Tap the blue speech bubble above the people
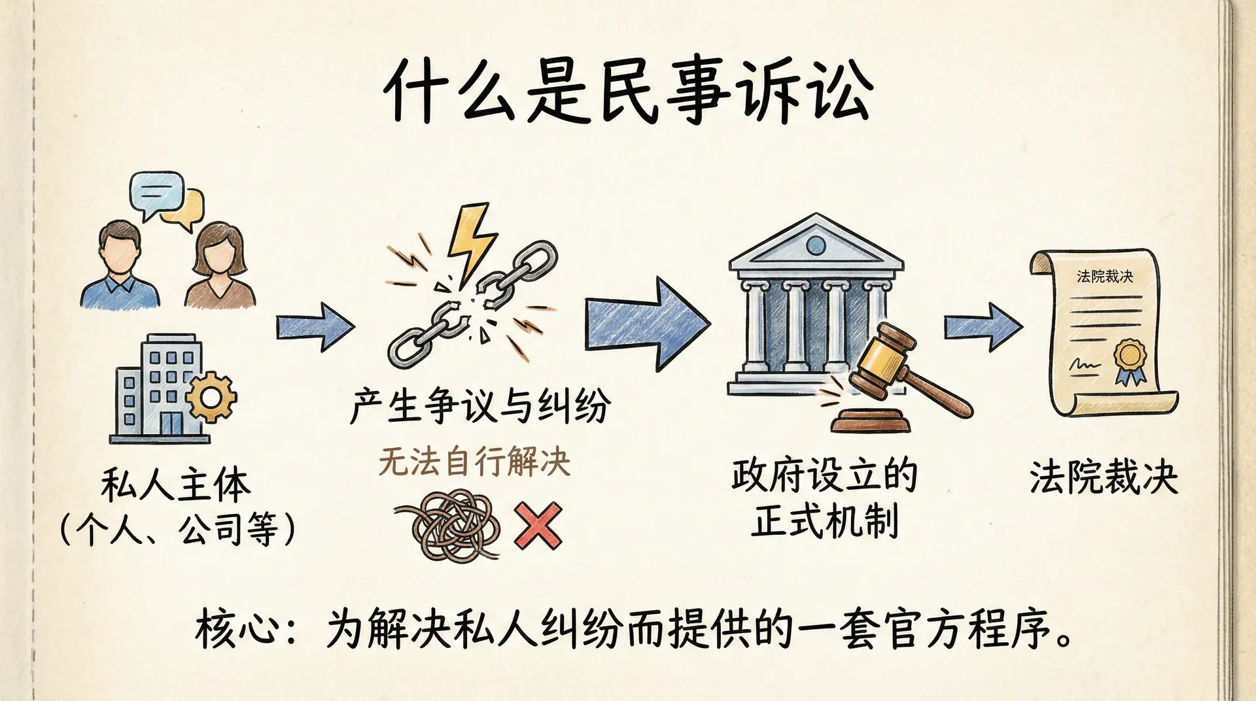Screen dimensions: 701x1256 (x=156, y=192)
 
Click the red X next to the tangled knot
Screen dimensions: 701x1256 (x=538, y=525)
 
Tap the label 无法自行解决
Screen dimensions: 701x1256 (x=474, y=462)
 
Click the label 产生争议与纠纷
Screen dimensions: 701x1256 (x=481, y=405)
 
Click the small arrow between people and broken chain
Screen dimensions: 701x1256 (x=315, y=326)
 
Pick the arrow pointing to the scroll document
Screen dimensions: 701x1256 (x=982, y=326)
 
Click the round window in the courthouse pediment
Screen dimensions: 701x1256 (x=816, y=245)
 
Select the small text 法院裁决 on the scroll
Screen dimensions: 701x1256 (x=1104, y=277)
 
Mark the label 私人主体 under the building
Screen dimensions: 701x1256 (x=175, y=485)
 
